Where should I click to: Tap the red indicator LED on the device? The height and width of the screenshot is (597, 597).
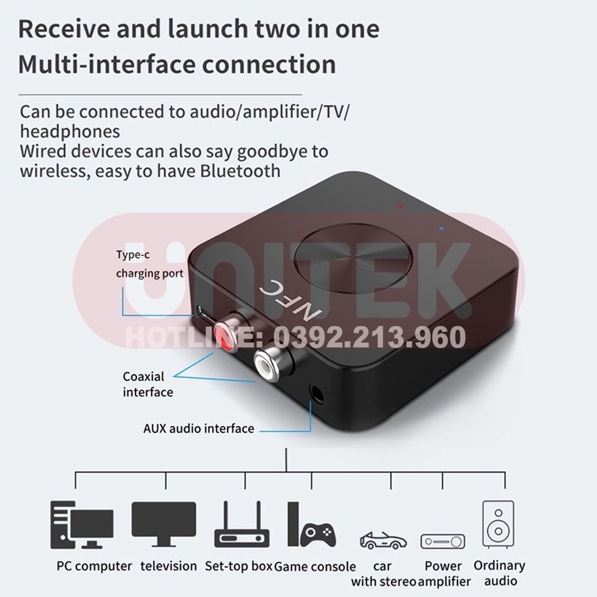(x=400, y=206)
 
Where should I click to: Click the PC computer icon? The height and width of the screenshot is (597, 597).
(x=81, y=524)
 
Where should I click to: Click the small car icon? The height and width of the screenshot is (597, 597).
(x=383, y=540)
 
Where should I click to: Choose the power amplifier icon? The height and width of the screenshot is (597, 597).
(x=442, y=541)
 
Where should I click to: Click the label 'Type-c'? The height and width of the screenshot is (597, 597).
(x=133, y=256)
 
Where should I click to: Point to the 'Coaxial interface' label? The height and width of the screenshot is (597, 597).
(x=147, y=384)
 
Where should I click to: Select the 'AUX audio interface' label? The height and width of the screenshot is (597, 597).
(x=199, y=428)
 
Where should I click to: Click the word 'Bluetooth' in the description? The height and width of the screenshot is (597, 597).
(x=240, y=171)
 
